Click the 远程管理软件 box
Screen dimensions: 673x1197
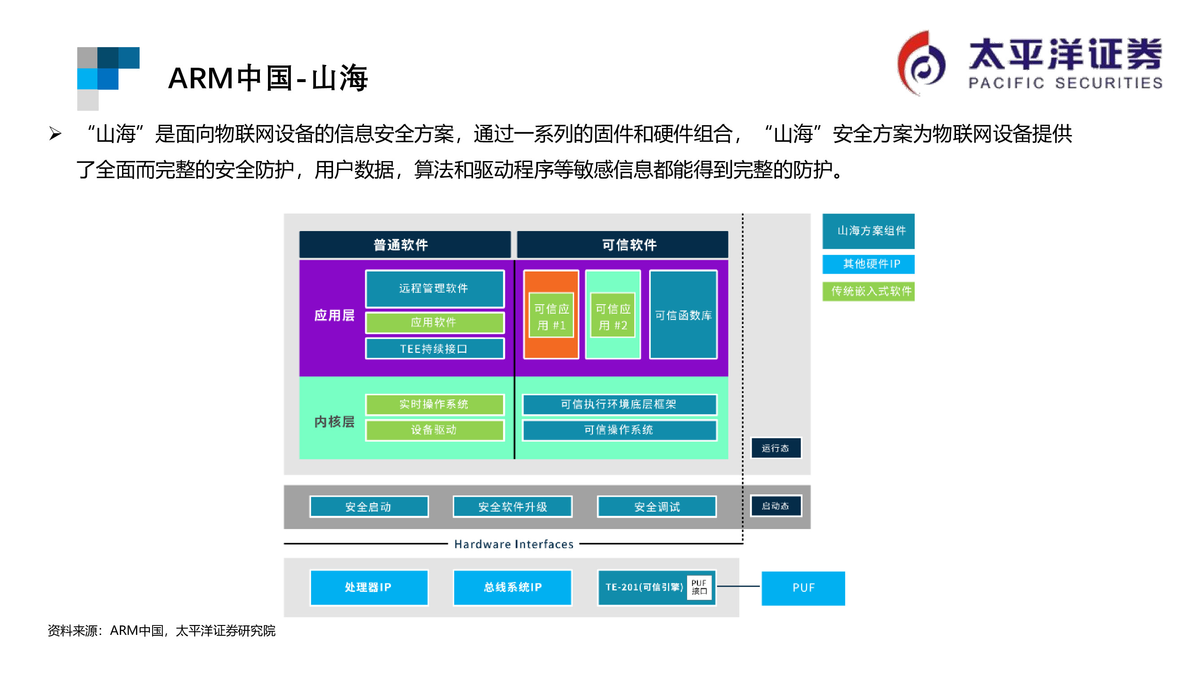(x=434, y=288)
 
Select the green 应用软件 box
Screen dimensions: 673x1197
(x=434, y=322)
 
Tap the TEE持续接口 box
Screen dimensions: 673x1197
(x=434, y=348)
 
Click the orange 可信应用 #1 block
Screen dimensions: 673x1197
(x=551, y=314)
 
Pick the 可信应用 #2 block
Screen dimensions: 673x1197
(x=613, y=314)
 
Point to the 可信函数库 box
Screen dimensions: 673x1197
(x=683, y=315)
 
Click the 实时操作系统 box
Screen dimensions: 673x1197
(x=434, y=404)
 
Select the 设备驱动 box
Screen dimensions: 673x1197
(x=434, y=430)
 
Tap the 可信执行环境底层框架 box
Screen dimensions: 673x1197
(x=619, y=404)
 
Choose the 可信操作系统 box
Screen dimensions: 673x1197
(x=619, y=430)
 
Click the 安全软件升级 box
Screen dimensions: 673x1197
(x=513, y=506)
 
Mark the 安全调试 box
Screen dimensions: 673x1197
(x=657, y=506)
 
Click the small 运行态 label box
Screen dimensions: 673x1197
(x=776, y=448)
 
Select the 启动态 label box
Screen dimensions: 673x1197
(x=776, y=506)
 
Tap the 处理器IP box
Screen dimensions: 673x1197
(x=368, y=587)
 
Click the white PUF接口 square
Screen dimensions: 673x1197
(x=699, y=587)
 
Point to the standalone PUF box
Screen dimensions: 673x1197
(x=803, y=588)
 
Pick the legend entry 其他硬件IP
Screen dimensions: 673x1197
(x=868, y=264)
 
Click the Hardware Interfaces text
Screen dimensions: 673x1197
(x=513, y=544)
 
